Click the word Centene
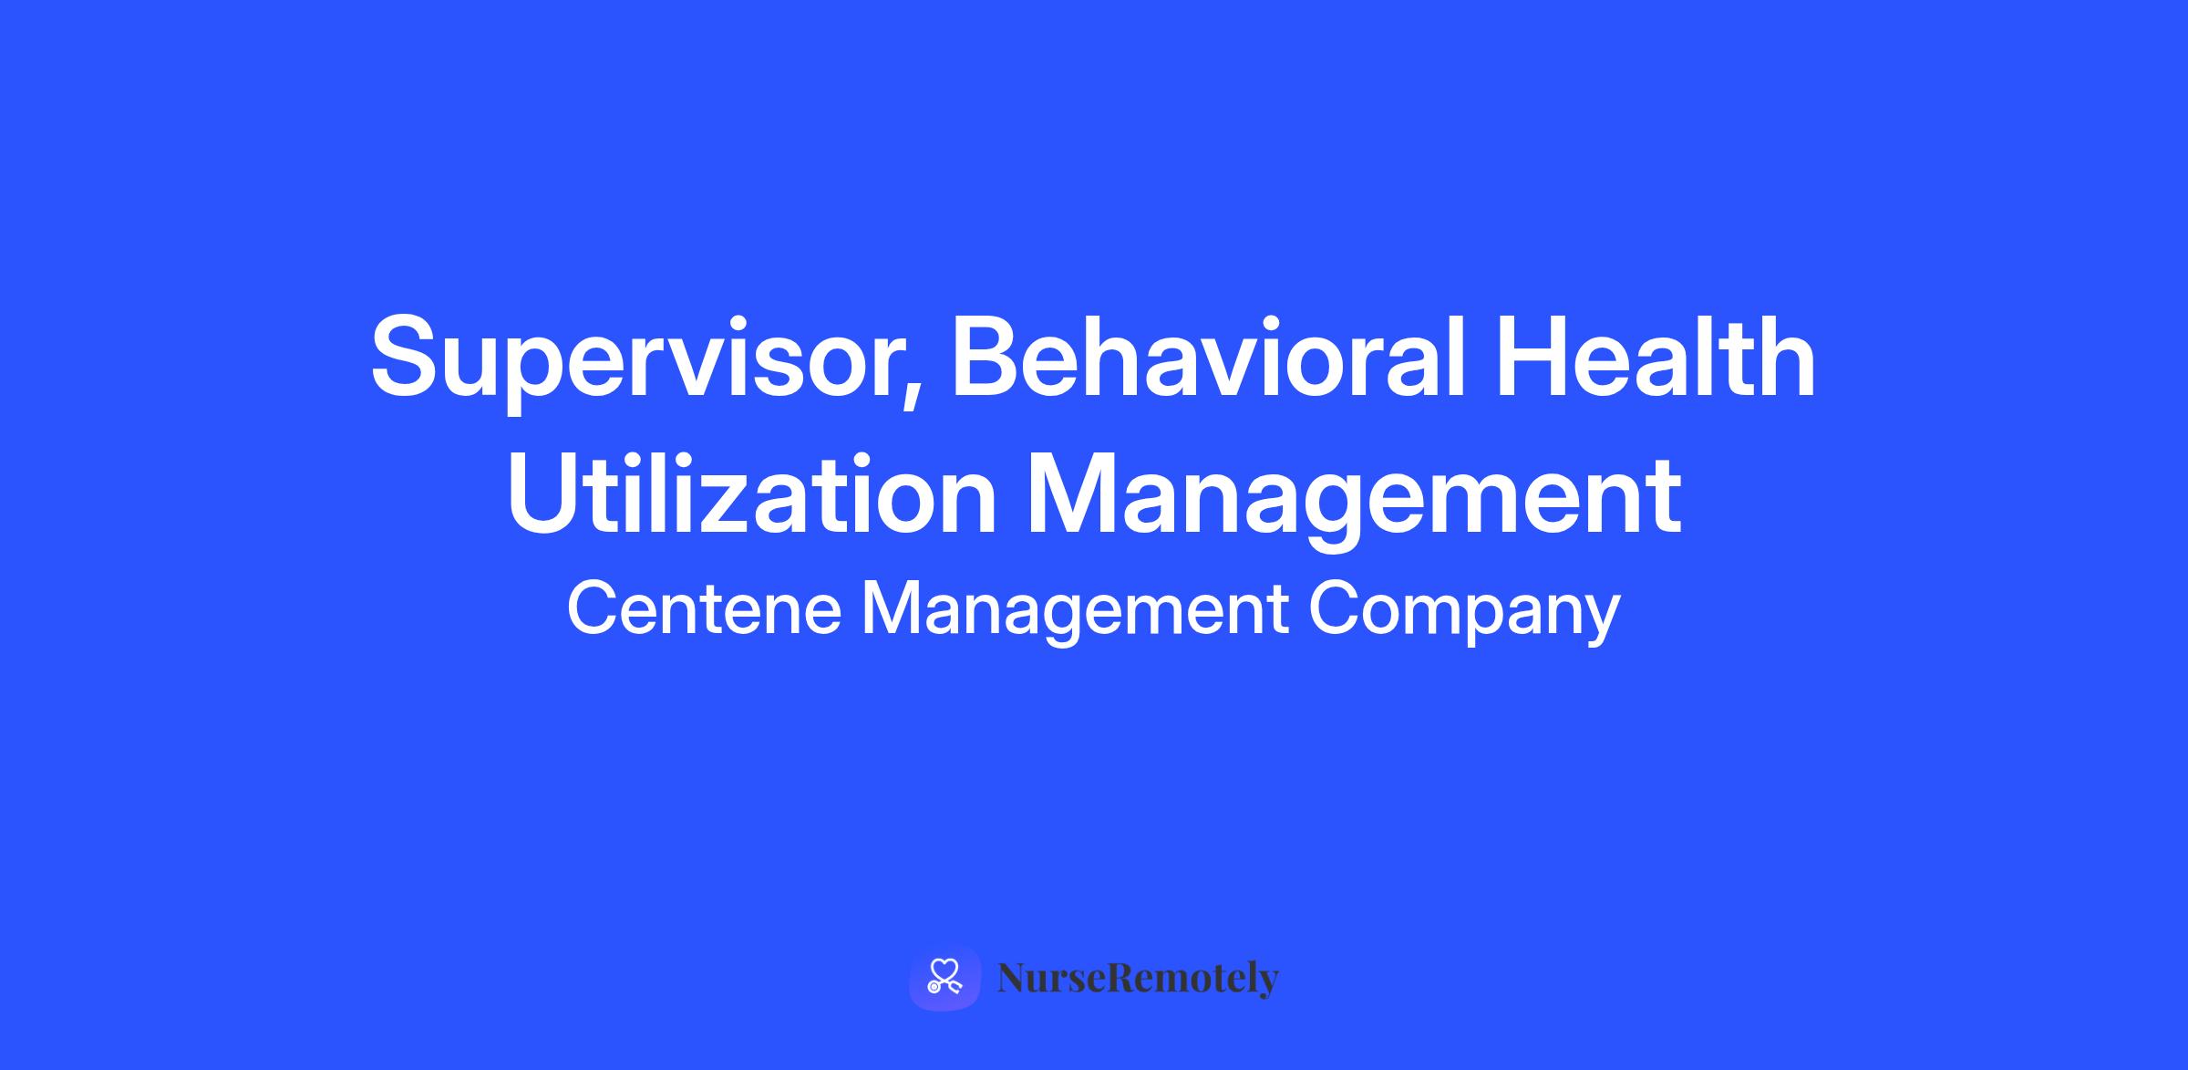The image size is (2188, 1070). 704,609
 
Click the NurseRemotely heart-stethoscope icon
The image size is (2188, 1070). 944,978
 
